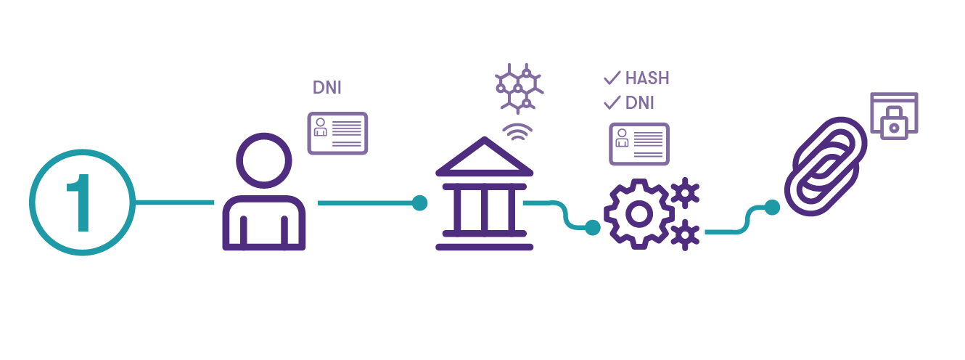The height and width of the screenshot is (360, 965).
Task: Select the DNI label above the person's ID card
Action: [x=327, y=89]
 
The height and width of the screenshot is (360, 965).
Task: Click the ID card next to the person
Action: [x=337, y=133]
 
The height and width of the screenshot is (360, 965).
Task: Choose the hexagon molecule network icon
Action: [x=520, y=88]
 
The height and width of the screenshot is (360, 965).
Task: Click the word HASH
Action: [x=647, y=78]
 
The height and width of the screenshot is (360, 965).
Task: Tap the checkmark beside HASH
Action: [x=612, y=78]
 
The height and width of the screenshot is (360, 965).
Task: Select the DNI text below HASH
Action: [x=640, y=103]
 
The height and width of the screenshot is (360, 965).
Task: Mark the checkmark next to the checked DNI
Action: [x=612, y=103]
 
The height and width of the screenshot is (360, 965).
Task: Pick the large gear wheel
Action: [x=638, y=213]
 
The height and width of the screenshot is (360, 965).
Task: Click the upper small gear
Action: [x=685, y=193]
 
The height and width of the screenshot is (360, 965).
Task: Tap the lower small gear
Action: [x=685, y=235]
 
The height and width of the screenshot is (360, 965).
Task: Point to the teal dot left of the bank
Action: [x=419, y=202]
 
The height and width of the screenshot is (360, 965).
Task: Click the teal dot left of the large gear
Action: [x=593, y=228]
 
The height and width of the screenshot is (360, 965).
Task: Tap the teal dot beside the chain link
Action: [x=772, y=208]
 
